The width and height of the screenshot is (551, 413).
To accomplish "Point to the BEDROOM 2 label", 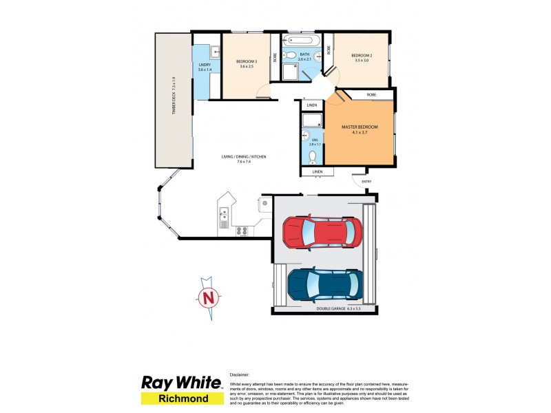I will (362, 56).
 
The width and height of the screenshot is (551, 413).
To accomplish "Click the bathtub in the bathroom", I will (301, 40).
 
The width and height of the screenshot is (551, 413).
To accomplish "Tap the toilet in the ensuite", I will (313, 155).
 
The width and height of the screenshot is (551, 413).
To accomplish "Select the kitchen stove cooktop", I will (242, 231).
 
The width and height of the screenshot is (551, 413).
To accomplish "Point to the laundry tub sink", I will (215, 50).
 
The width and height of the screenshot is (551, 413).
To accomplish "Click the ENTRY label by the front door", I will (366, 182).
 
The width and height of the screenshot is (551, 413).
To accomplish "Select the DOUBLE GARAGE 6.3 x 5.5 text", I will (338, 309).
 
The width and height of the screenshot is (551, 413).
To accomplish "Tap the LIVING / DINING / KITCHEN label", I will (243, 157).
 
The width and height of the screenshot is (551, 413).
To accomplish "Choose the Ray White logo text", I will (180, 383).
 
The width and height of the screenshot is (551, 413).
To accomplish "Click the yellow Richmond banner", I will (180, 399).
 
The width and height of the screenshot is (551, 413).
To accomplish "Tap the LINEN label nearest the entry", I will (317, 171).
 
